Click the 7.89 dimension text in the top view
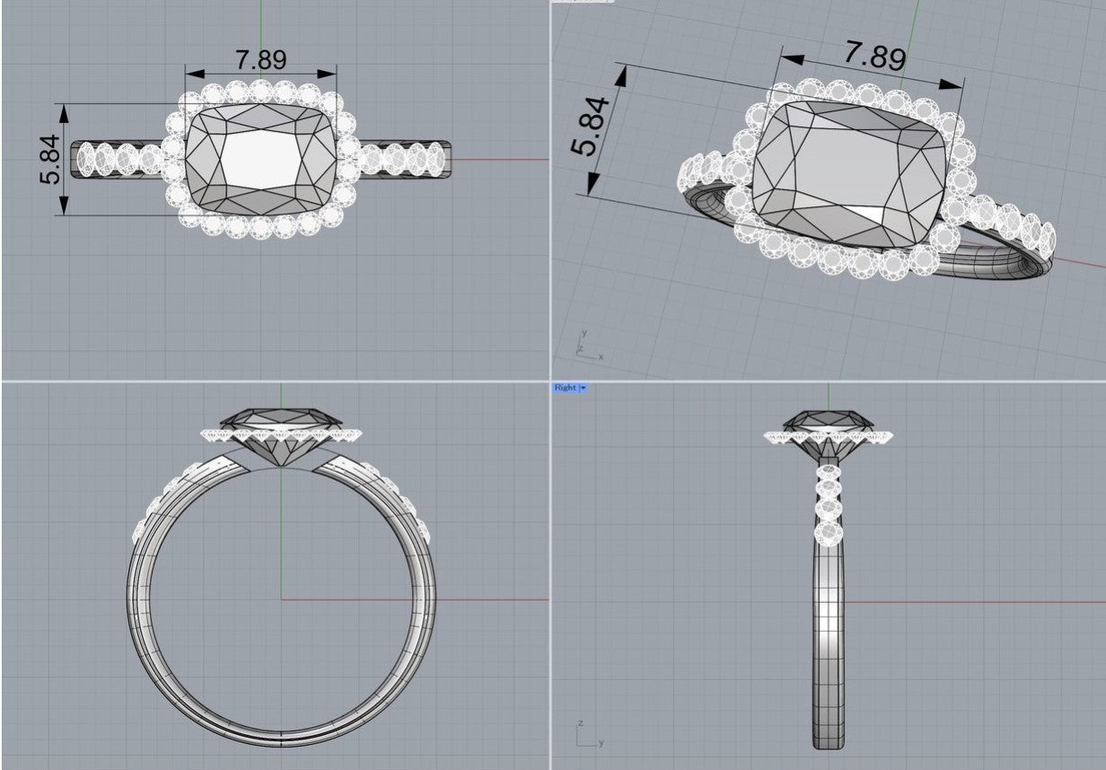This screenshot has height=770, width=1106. (260, 59)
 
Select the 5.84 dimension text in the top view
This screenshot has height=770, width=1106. (50, 160)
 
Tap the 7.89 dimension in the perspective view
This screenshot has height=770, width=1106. (875, 56)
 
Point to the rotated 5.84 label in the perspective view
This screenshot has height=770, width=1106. (591, 127)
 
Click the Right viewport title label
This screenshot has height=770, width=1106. (565, 388)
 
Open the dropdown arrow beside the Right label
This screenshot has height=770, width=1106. (584, 388)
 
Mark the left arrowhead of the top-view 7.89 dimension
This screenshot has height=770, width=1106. (195, 74)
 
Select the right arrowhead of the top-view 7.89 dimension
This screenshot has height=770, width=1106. (327, 74)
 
